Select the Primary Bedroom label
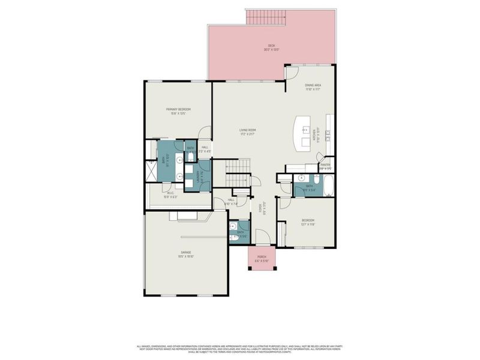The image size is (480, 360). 178,110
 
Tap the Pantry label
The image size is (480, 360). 326,166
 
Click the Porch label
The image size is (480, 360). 262,258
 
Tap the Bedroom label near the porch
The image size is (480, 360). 308,222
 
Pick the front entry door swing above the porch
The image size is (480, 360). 263,238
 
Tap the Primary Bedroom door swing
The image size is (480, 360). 206,133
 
